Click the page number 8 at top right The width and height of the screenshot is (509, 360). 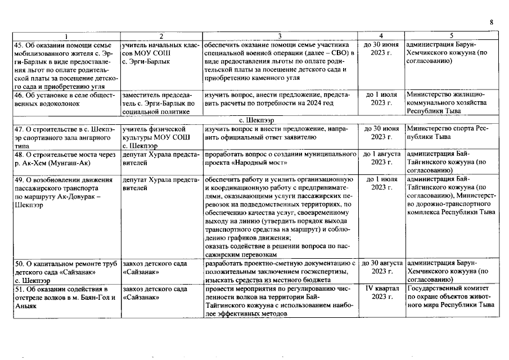(x=491, y=21)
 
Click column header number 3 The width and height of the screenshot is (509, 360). (x=280, y=35)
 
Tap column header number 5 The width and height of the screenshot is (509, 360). (x=451, y=35)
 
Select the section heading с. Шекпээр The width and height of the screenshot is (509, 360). (x=255, y=120)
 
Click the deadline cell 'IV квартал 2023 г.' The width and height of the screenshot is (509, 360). (x=382, y=292)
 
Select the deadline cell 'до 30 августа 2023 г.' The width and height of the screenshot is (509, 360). (x=381, y=267)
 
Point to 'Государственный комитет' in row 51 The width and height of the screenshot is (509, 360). (x=447, y=288)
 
